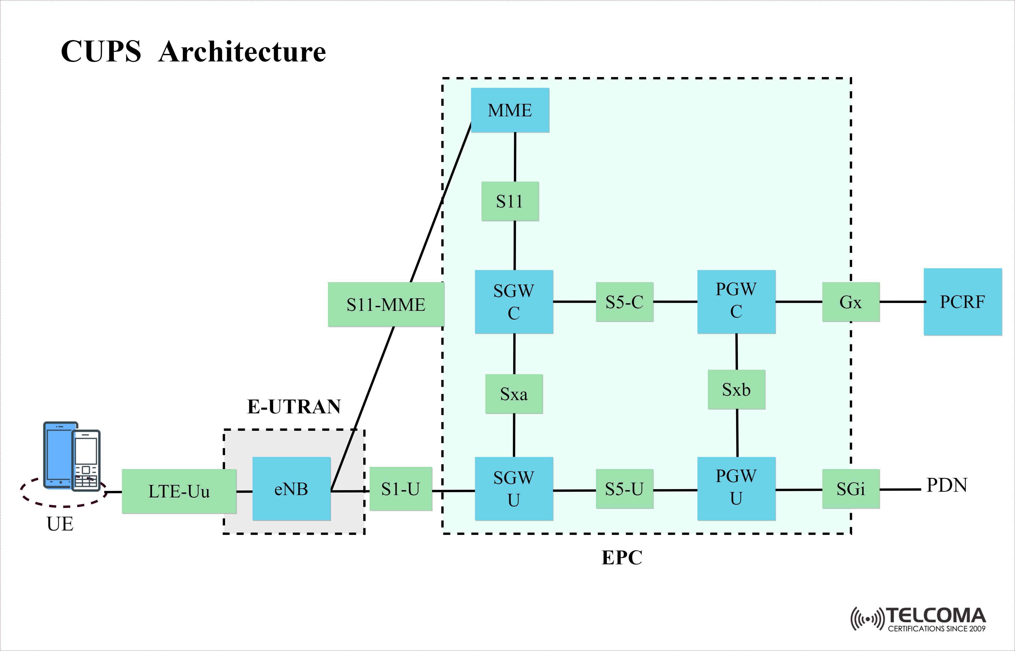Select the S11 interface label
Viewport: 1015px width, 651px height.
[x=510, y=201]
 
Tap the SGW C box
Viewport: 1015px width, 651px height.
[x=514, y=302]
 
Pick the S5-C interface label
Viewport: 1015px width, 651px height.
[x=624, y=302]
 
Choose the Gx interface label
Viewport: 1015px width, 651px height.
[x=851, y=302]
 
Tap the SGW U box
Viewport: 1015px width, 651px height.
[x=514, y=489]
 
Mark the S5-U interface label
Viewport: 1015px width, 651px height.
[x=624, y=489]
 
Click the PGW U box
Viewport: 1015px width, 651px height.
[x=736, y=488]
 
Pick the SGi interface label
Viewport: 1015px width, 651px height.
[x=851, y=489]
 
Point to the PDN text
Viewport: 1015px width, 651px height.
[x=947, y=485]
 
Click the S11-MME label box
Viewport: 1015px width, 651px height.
[x=386, y=304]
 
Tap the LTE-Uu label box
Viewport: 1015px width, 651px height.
[x=179, y=491]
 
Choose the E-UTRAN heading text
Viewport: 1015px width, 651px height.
[x=294, y=406]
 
